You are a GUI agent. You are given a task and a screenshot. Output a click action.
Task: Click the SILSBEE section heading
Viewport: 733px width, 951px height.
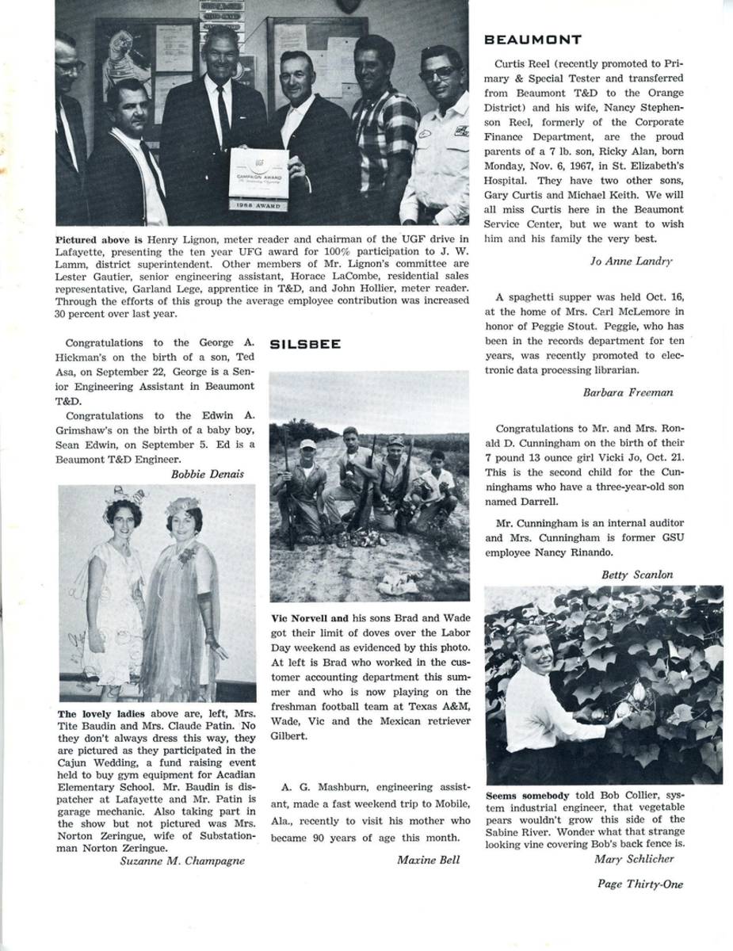click(x=306, y=344)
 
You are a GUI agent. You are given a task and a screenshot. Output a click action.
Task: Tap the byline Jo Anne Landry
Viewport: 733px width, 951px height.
click(x=631, y=260)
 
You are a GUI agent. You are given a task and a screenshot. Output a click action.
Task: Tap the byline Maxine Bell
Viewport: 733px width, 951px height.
click(x=429, y=859)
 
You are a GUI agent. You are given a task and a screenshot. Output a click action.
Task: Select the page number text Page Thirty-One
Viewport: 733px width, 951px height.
click(x=639, y=884)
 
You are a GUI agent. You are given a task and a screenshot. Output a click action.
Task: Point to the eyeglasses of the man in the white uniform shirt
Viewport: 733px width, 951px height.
click(x=439, y=73)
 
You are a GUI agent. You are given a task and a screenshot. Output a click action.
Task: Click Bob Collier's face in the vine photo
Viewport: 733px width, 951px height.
click(x=532, y=651)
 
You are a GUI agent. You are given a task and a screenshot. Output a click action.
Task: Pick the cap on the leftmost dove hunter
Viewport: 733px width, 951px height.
click(x=307, y=445)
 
